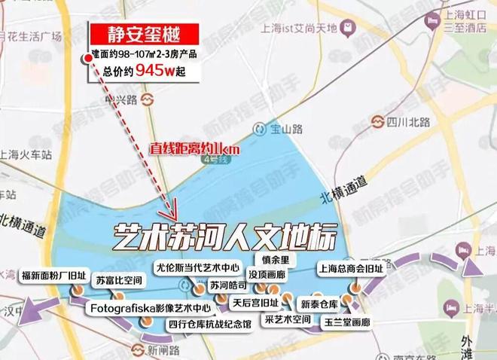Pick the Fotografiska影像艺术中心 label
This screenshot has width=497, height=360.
(140, 308)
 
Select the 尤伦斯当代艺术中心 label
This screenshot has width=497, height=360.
(197, 267)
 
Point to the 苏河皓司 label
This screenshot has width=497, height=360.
(229, 286)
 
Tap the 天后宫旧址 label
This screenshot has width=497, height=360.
(255, 303)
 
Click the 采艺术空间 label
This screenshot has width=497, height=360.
(288, 319)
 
